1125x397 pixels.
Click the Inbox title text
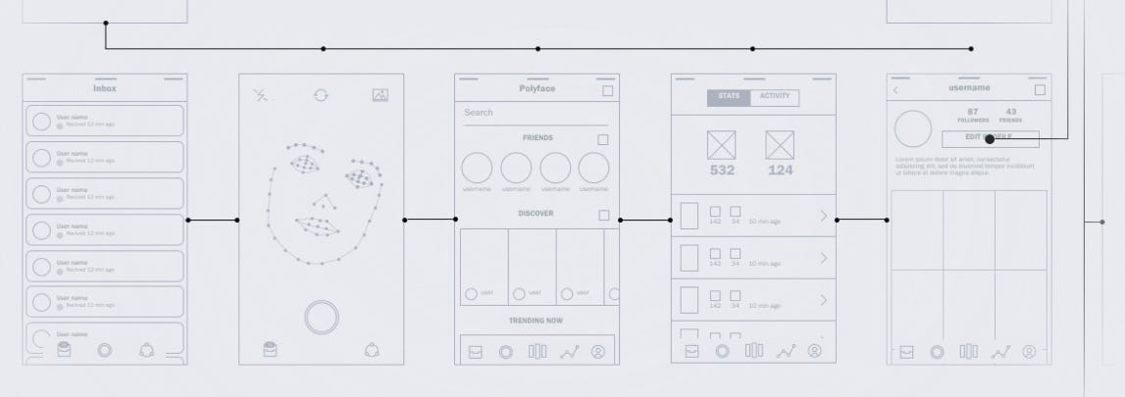pos(105,88)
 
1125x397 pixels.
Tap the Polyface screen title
pos(537,88)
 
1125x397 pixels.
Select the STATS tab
pos(729,97)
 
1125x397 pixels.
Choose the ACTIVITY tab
pos(775,97)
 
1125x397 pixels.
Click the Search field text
pos(479,113)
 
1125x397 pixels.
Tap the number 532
pos(722,171)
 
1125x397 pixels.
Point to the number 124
pos(780,171)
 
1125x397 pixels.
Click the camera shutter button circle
pos(322,318)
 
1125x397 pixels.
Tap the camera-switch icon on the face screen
pos(321,95)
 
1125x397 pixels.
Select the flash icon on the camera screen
pos(261,95)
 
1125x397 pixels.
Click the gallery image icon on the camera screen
pos(381,95)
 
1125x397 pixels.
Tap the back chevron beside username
pos(895,90)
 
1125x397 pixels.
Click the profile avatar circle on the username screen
pos(913,128)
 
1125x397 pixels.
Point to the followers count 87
pos(973,112)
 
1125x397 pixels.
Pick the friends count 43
pos(1011,112)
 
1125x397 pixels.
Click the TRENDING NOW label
pos(537,321)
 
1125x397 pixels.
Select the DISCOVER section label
pos(537,214)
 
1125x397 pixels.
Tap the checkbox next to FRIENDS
pos(603,140)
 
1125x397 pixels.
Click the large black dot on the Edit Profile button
pos(990,139)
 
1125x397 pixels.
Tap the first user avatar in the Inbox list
pos(42,121)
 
